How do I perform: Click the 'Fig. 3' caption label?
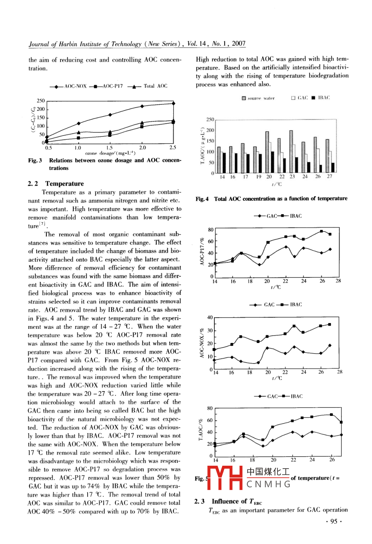[x=35, y=160]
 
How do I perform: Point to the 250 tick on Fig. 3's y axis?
[x=41, y=101]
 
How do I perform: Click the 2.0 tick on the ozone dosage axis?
[x=142, y=148]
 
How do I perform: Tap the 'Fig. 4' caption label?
[x=202, y=199]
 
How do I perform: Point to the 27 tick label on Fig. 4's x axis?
[x=330, y=177]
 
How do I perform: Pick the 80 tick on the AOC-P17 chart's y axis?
[x=211, y=230]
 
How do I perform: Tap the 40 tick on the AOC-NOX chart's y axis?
[x=210, y=317]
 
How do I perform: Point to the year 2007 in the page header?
[x=239, y=43]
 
